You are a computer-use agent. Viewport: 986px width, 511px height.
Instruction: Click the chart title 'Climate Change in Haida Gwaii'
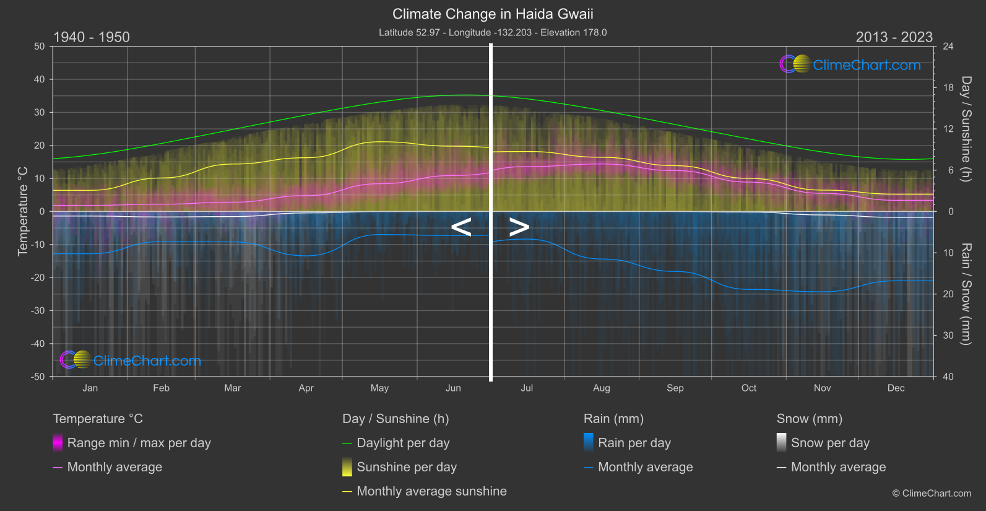click(x=493, y=14)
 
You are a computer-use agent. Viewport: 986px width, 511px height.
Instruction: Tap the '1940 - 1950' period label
click(x=92, y=37)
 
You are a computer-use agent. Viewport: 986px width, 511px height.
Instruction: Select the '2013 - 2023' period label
click(x=894, y=37)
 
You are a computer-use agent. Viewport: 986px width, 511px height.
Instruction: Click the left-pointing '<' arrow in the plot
click(x=461, y=227)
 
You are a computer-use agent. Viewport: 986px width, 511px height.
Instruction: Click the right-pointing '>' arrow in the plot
click(x=519, y=227)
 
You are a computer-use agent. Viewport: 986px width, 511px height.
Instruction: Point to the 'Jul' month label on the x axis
click(x=527, y=388)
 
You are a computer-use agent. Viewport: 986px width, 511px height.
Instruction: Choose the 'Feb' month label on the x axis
click(x=161, y=388)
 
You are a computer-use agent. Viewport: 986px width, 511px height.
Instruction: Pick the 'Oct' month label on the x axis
click(x=749, y=388)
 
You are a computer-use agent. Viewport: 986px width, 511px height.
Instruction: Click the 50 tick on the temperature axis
click(x=40, y=46)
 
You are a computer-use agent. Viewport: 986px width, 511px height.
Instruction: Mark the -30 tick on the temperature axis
click(x=38, y=311)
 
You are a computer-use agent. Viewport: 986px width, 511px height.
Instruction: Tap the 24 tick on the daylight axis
click(x=948, y=46)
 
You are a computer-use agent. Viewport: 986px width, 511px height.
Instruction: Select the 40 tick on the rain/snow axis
click(x=948, y=377)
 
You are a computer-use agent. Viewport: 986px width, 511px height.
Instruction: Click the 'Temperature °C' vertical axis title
click(x=23, y=211)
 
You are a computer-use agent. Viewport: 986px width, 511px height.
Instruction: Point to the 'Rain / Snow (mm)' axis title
click(x=966, y=294)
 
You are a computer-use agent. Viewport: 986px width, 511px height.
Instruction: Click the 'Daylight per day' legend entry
click(x=403, y=443)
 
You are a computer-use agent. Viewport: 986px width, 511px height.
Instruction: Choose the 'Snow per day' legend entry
click(x=830, y=443)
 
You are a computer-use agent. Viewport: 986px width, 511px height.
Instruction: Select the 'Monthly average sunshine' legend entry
click(x=431, y=491)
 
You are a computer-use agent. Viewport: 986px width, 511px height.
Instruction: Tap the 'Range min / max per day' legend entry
click(x=139, y=443)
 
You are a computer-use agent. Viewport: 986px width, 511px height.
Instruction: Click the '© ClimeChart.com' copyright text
click(x=932, y=494)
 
